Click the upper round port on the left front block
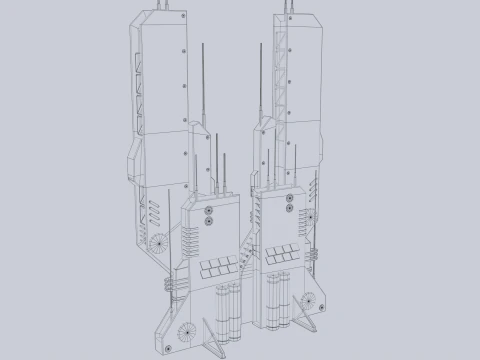[207, 211]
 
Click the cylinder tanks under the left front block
[230, 306]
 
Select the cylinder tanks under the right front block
[281, 297]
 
